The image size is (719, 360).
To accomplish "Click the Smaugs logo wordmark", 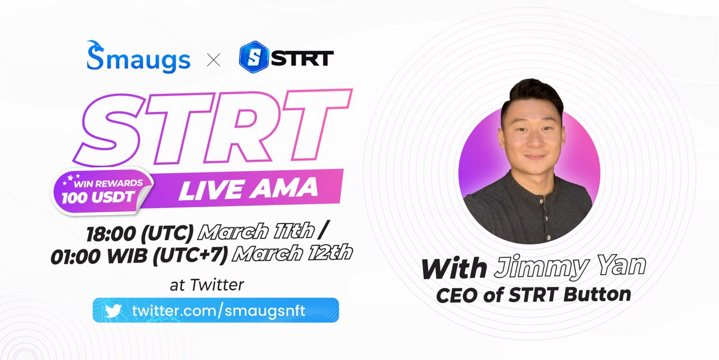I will pyautogui.click(x=138, y=58).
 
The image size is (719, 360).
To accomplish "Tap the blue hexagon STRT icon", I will pyautogui.click(x=253, y=58).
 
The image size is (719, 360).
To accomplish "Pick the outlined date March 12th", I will pyautogui.click(x=292, y=253).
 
